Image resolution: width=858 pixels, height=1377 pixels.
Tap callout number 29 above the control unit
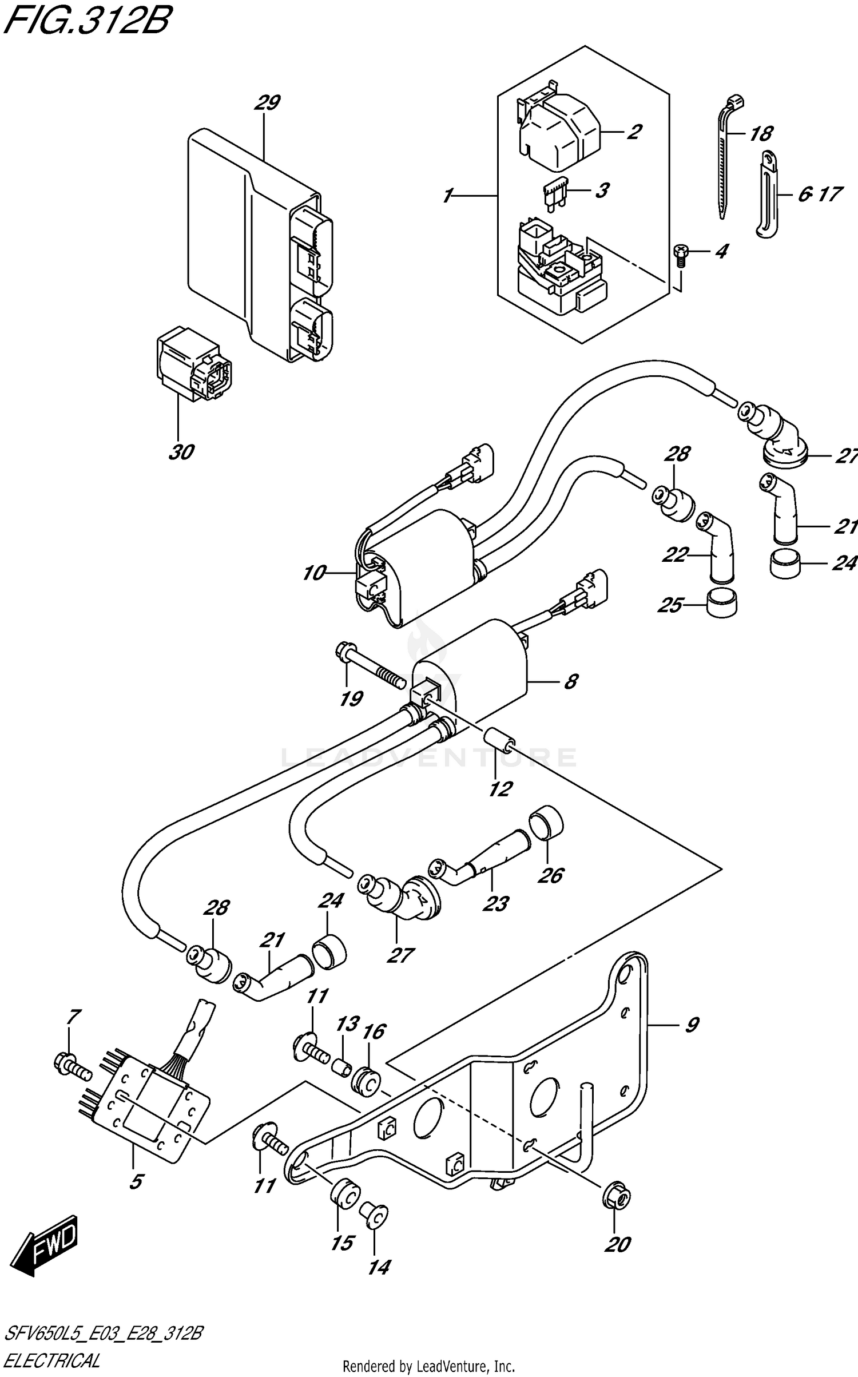pyautogui.click(x=267, y=104)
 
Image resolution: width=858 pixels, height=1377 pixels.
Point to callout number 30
pyautogui.click(x=181, y=452)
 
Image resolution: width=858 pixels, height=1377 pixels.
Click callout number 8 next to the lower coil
pyautogui.click(x=570, y=681)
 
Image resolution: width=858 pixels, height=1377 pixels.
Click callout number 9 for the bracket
pyautogui.click(x=692, y=1025)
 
